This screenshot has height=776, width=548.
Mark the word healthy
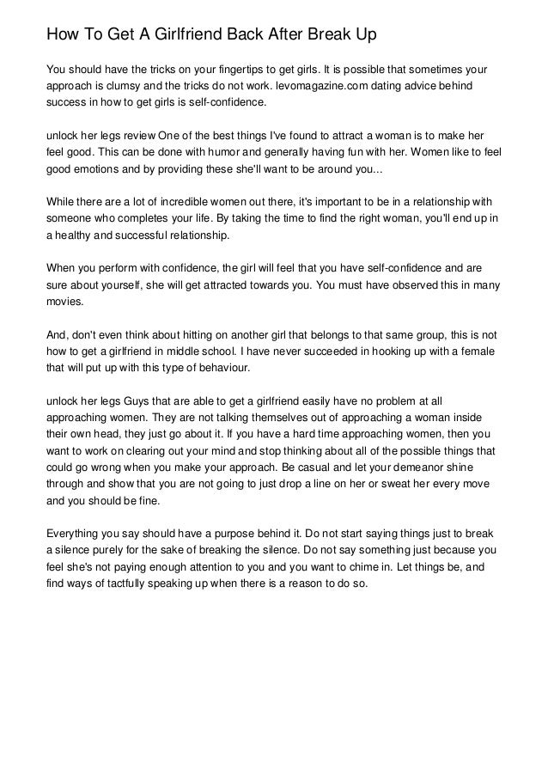pyautogui.click(x=73, y=236)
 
